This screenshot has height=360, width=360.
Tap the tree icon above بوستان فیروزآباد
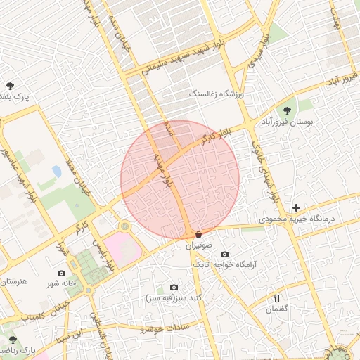pyautogui.click(x=287, y=109)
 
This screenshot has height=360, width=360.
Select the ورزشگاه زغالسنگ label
pyautogui.click(x=217, y=93)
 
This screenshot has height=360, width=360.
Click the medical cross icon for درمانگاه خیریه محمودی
pyautogui.click(x=296, y=207)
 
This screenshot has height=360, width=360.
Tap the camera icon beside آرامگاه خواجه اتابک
pyautogui.click(x=224, y=254)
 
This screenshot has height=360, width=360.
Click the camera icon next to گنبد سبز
pyautogui.click(x=174, y=288)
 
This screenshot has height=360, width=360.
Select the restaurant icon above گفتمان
pyautogui.click(x=276, y=299)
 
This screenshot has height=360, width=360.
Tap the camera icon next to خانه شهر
pyautogui.click(x=61, y=273)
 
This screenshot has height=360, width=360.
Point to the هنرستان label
pyautogui.click(x=13, y=281)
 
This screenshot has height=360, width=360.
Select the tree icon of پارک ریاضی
pyautogui.click(x=13, y=339)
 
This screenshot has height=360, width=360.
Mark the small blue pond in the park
pyautogui.click(x=56, y=171)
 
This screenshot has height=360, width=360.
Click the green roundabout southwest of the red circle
pyautogui.click(x=124, y=226)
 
